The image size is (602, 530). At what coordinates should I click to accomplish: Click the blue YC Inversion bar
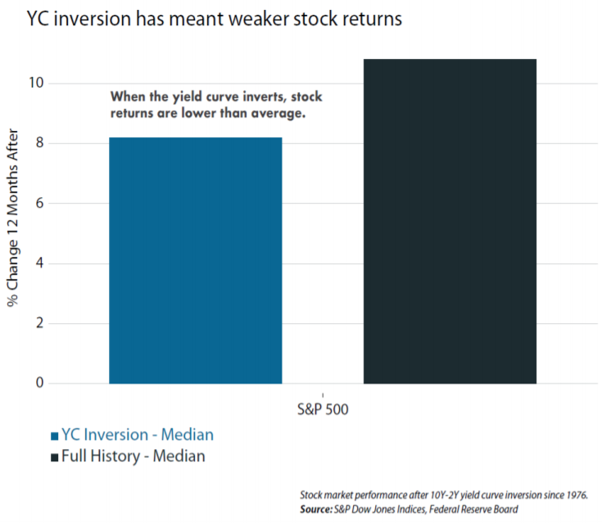pos(195,260)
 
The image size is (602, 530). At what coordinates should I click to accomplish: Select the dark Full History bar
pos(450,221)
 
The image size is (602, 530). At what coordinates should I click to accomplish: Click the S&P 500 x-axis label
pos(323,410)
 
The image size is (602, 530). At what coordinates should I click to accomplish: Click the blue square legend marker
pos(54,436)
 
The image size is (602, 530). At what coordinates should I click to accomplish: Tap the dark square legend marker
pos(54,457)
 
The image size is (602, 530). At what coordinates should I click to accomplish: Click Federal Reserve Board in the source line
pos(482,510)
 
